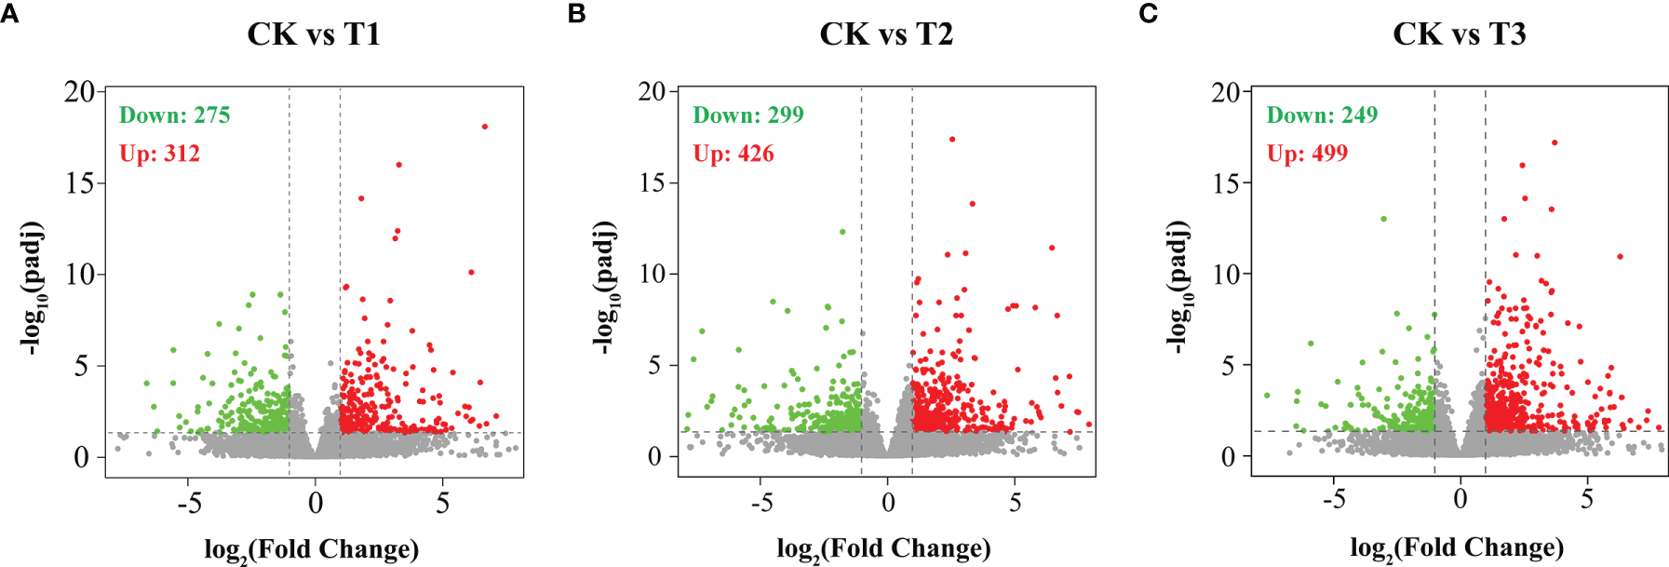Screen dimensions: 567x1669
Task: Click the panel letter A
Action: point(9,14)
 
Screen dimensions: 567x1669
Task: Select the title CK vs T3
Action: point(1459,34)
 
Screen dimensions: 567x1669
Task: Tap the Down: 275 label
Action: point(174,115)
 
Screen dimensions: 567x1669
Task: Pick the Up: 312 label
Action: point(159,154)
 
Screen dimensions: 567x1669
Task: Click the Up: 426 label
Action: point(733,154)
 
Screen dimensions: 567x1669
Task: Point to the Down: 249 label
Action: point(1321,115)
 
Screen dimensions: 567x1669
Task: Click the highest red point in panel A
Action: point(485,127)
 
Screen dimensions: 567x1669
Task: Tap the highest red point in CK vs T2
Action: point(951,140)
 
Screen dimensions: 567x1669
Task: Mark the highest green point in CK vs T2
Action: point(842,232)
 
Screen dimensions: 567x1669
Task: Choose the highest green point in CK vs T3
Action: point(1383,219)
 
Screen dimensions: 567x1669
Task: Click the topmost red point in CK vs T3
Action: point(1555,143)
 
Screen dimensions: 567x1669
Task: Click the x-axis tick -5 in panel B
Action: point(761,503)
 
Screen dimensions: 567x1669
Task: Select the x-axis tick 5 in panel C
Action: point(1586,500)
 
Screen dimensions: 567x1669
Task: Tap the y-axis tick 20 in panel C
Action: point(1226,92)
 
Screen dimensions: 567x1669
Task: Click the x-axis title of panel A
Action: point(312,549)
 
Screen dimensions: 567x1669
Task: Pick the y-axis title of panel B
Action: point(604,287)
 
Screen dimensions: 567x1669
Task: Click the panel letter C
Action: point(1149,14)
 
